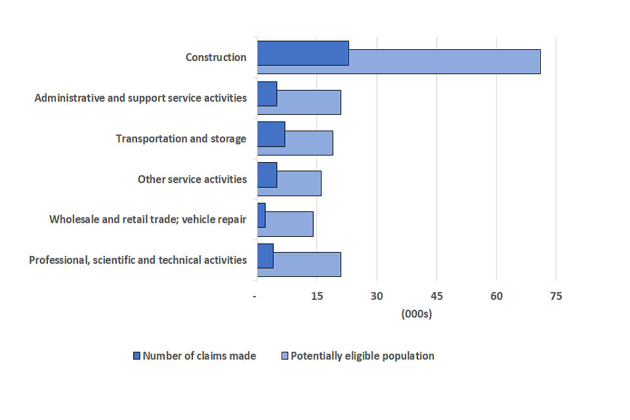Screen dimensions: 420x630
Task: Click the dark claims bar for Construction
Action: [x=303, y=53]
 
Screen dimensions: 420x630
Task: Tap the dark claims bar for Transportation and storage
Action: [x=271, y=134]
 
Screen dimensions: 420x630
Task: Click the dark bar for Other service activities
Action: [x=267, y=175]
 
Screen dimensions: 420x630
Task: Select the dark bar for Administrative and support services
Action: [x=267, y=94]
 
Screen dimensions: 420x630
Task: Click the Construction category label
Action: [x=216, y=57]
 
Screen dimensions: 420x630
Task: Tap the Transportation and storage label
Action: [x=181, y=138]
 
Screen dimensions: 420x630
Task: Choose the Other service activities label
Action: [x=192, y=179]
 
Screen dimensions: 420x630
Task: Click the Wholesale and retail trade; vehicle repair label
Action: [x=148, y=219]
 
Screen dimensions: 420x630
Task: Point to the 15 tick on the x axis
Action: [x=316, y=297]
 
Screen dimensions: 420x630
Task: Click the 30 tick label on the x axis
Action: [x=377, y=297]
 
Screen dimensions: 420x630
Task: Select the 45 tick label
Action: [x=436, y=297]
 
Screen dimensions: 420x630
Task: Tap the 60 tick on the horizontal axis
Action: [x=496, y=297]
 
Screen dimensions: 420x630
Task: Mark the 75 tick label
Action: [x=556, y=297]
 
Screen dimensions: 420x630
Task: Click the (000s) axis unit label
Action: [x=416, y=314]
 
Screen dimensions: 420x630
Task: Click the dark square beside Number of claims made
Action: [x=136, y=356]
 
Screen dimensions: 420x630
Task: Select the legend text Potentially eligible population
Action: [x=362, y=356]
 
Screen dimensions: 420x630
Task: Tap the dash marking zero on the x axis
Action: [x=255, y=297]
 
